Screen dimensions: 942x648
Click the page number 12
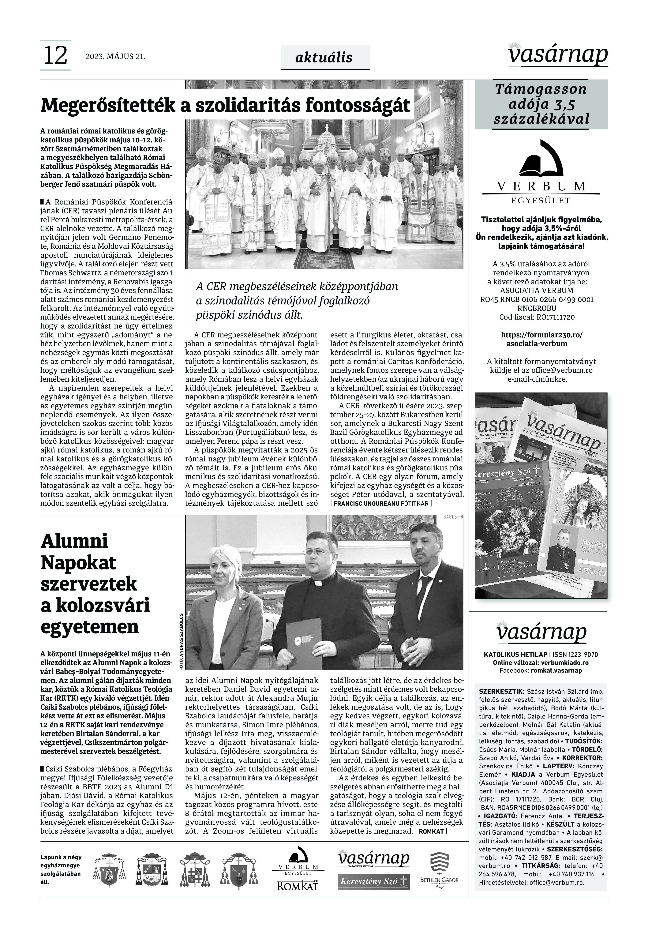55,56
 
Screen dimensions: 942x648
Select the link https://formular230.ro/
542,335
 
